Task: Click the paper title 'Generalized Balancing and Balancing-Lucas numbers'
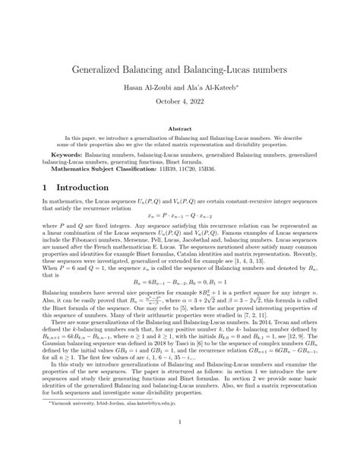pos(179,69)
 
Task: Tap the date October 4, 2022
pos(179,106)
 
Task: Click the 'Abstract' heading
pos(179,130)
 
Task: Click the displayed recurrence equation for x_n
pos(179,216)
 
